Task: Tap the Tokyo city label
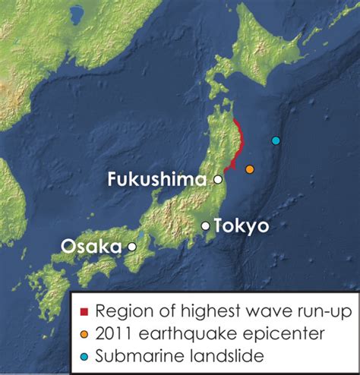coord(242,225)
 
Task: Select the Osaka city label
coord(91,247)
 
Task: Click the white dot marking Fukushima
coord(218,180)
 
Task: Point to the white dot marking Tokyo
coord(205,225)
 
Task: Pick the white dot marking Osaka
coord(132,247)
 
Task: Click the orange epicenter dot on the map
coord(250,169)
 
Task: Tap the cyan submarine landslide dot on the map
coord(276,140)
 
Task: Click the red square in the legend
coord(84,312)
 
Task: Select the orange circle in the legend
coord(84,332)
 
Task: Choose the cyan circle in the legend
coord(84,353)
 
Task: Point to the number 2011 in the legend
coord(113,332)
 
